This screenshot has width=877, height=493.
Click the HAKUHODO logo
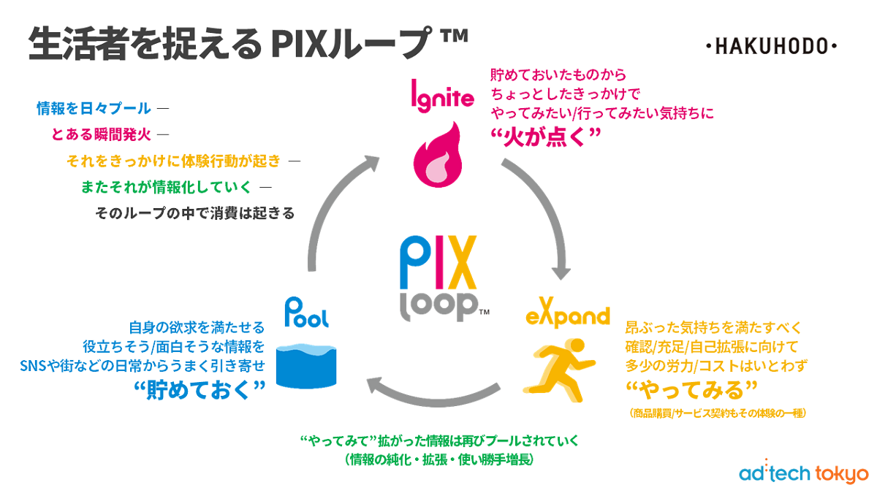click(772, 47)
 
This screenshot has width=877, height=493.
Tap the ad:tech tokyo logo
click(802, 472)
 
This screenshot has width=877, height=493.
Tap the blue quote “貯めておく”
click(200, 389)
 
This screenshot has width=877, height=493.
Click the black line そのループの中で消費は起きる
click(195, 213)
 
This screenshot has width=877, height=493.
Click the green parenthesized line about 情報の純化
click(439, 460)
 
